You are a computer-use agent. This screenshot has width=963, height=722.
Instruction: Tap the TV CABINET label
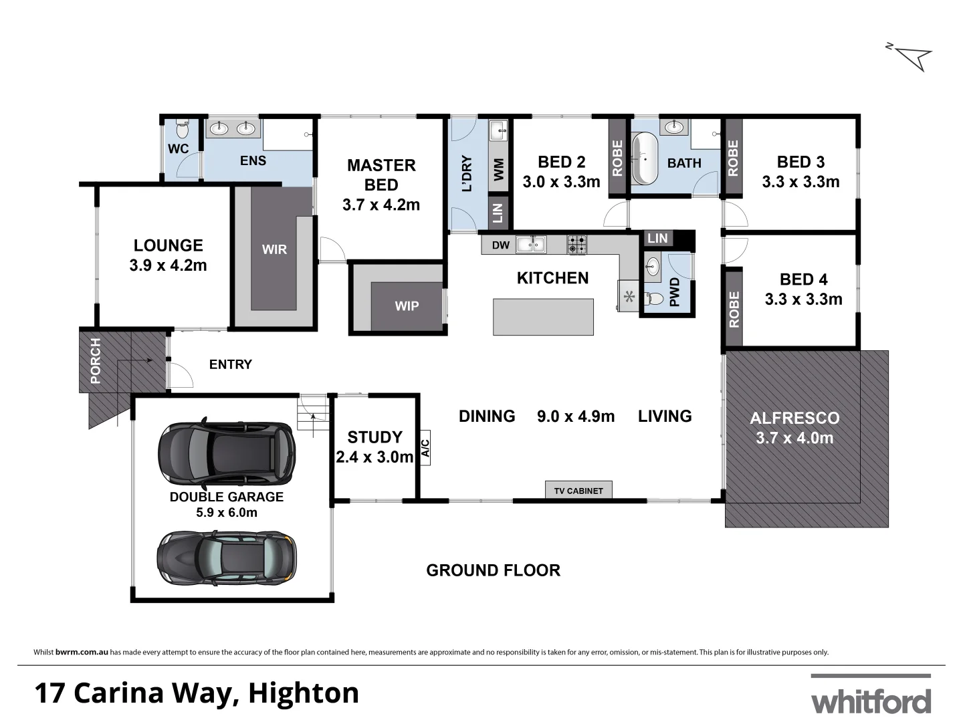tap(578, 491)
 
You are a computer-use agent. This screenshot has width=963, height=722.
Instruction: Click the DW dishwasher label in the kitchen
tap(500, 245)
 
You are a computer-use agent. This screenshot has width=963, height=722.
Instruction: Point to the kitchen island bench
tap(543, 317)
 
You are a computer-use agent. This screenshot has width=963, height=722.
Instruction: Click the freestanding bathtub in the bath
tap(646, 159)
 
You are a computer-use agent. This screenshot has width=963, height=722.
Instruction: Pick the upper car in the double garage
tap(226, 453)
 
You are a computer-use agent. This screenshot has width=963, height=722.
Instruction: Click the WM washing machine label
tap(498, 169)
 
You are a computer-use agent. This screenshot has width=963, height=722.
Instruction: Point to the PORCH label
tap(95, 361)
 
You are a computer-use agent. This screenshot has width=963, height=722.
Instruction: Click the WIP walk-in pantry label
tap(407, 306)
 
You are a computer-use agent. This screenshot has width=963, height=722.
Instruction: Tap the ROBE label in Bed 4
tap(734, 310)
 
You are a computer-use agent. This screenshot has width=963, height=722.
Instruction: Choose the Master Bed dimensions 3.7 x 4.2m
tap(381, 205)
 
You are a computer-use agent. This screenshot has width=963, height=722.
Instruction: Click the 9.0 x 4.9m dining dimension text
tap(576, 416)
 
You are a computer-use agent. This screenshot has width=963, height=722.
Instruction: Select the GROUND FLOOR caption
tap(493, 570)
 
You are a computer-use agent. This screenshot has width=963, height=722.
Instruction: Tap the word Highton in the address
tap(304, 693)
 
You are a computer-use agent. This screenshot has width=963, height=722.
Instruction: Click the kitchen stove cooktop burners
tap(577, 245)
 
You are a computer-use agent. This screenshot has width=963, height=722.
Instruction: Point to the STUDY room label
tap(374, 437)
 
